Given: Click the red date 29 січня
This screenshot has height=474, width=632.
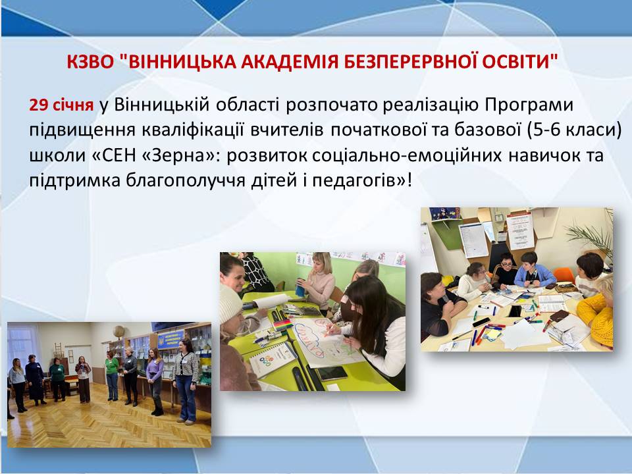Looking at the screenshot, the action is click(x=61, y=105).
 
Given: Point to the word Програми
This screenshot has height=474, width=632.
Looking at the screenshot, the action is click(x=529, y=105).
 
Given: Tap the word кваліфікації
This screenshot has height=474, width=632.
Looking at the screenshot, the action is click(x=194, y=130).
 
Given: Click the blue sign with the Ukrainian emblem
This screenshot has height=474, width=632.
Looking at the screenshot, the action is click(x=171, y=340).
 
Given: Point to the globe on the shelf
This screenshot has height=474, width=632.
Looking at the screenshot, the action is click(x=118, y=332).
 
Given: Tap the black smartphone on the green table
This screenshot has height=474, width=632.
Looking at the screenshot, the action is click(x=332, y=373).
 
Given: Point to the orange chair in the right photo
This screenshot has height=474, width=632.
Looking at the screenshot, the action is click(x=563, y=275).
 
